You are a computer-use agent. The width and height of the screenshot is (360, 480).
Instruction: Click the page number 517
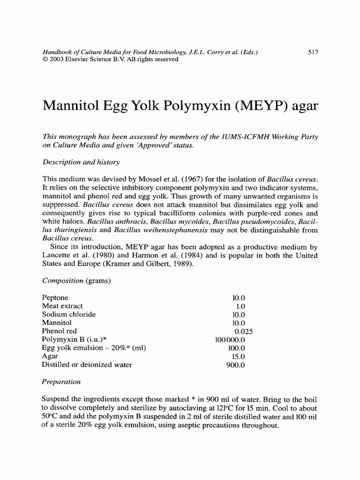[313, 53]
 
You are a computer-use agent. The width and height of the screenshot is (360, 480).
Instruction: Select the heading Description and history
[81, 162]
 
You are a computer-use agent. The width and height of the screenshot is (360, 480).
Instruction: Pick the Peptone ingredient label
[55, 298]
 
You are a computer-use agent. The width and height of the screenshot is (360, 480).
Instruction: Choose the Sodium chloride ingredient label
[68, 315]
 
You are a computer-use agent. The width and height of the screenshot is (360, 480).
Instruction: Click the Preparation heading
[61, 382]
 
